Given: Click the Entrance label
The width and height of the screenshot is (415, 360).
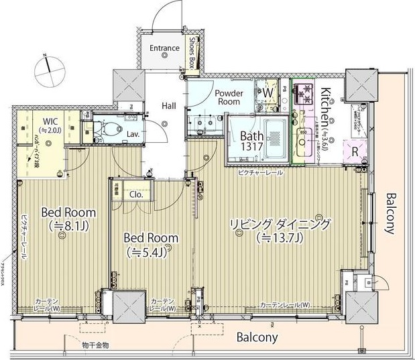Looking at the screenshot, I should (164, 48).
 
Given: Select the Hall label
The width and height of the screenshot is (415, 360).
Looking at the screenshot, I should (168, 105).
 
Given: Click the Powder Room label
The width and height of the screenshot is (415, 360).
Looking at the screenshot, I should (227, 97).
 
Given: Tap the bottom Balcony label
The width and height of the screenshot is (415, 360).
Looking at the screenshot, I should (257, 337).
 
